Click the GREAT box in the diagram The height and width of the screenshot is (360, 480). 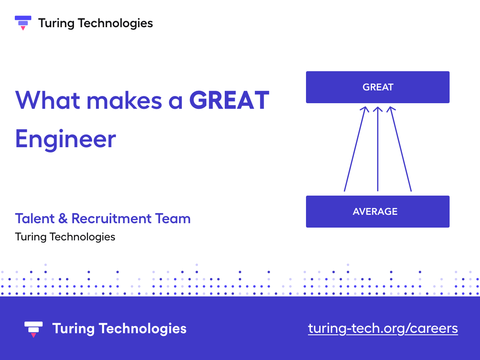(x=378, y=87)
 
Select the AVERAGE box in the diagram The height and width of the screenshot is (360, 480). (x=378, y=212)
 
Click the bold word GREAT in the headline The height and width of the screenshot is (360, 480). (x=229, y=100)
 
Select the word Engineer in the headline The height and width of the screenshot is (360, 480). (x=66, y=139)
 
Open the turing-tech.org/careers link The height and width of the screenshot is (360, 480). (x=383, y=328)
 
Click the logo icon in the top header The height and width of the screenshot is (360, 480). (x=23, y=23)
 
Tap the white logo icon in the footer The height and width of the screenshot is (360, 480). (x=34, y=329)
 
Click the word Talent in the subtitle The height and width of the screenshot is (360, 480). (x=34, y=218)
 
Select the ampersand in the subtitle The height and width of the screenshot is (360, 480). (x=63, y=218)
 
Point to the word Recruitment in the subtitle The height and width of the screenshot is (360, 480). (x=112, y=218)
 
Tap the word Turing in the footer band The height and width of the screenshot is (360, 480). (x=74, y=328)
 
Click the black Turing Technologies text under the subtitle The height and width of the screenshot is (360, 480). (x=65, y=237)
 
